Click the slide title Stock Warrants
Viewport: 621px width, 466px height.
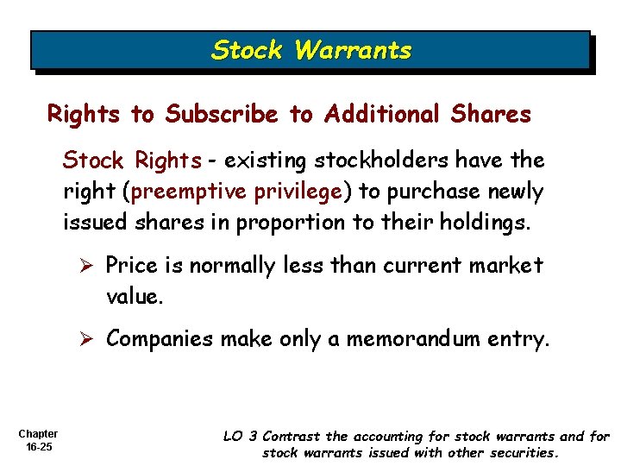tap(311, 50)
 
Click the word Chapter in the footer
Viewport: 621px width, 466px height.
tap(37, 433)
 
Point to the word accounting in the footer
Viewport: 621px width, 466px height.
tap(391, 437)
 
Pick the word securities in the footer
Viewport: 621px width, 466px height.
tap(524, 452)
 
